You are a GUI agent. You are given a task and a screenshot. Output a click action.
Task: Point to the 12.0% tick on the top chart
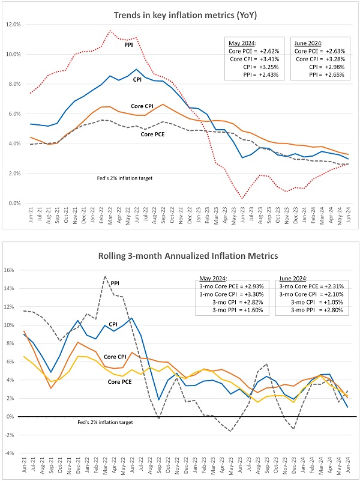[13, 25]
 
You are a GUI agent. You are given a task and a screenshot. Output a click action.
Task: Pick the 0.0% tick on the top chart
[13, 203]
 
